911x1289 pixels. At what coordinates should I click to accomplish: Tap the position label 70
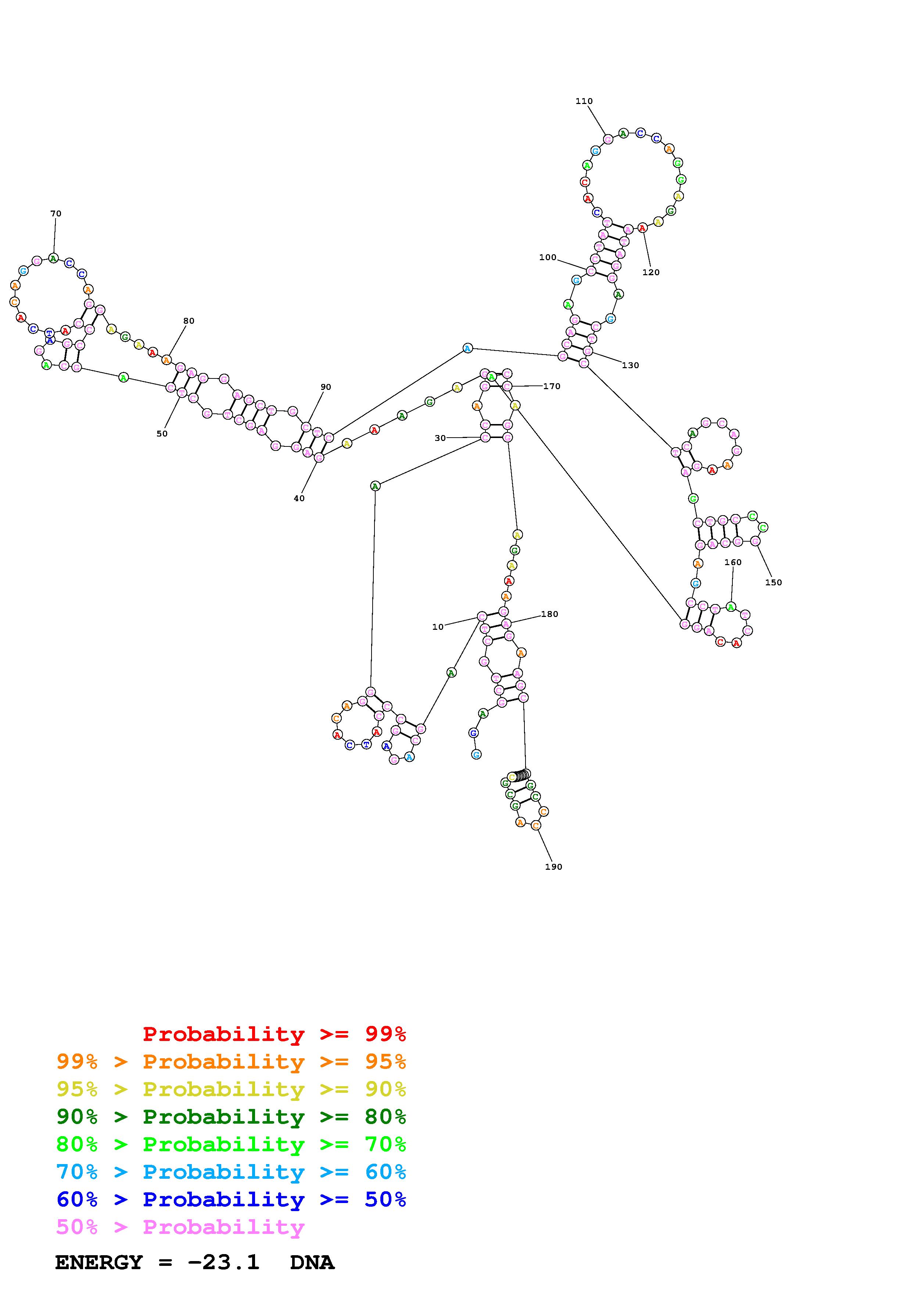tap(55, 214)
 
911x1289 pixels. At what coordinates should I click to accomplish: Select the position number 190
tap(553, 867)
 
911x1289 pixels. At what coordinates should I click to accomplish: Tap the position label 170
tap(551, 386)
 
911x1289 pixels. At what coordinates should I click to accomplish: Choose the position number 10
tap(438, 627)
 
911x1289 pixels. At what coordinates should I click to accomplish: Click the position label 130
tap(630, 366)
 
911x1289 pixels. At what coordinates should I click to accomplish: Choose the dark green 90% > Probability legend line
tap(231, 1117)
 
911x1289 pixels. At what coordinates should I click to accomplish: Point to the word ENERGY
tap(99, 1263)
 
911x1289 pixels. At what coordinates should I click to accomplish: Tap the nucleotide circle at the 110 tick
tap(608, 139)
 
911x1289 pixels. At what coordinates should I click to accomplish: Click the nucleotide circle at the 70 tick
tap(53, 258)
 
